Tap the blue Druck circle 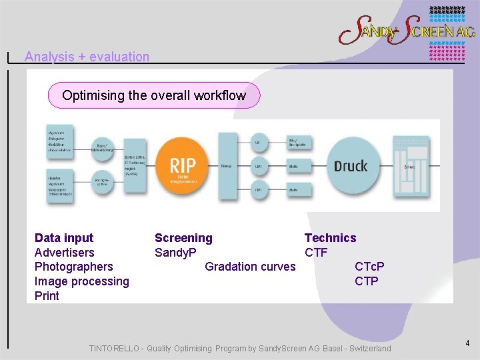(351, 166)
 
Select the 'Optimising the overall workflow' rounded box (154, 95)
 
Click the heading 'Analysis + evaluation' (87, 57)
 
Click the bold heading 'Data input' (64, 238)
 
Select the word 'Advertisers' (65, 253)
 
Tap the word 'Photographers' (74, 267)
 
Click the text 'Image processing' (82, 281)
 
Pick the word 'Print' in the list (47, 296)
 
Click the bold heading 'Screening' (183, 238)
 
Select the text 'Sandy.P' (175, 253)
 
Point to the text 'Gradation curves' (250, 267)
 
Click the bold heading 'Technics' (330, 238)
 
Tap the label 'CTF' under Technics (316, 253)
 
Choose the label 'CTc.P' (369, 267)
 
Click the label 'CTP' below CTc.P (367, 281)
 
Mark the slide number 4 (467, 343)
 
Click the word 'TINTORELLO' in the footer (115, 349)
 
